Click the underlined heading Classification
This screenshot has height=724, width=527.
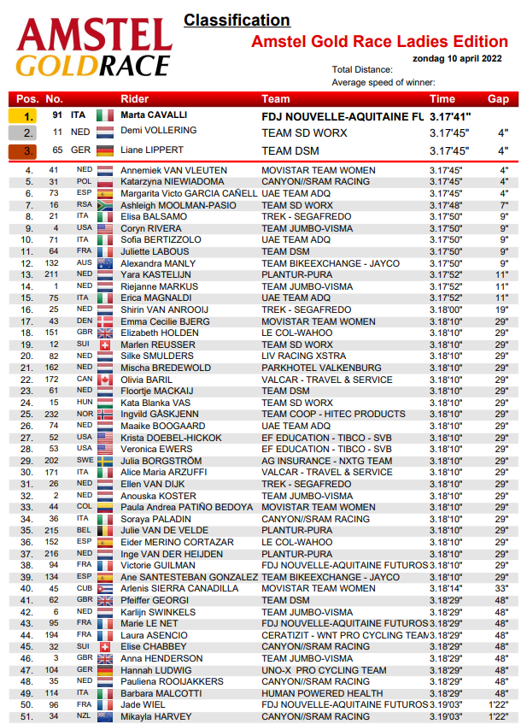(237, 20)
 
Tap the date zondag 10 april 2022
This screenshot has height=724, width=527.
(457, 59)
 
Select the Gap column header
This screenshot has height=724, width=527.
(498, 99)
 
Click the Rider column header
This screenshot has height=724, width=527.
(135, 99)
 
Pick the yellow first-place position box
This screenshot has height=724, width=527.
(28, 115)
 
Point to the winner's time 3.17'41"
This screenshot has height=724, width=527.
(451, 115)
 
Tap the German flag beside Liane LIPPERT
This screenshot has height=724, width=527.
(105, 151)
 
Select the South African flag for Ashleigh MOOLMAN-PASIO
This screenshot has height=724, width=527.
(105, 205)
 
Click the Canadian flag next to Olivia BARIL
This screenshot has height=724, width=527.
(105, 380)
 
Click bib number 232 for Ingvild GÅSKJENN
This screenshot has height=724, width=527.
(53, 414)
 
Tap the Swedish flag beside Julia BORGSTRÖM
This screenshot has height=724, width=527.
(105, 461)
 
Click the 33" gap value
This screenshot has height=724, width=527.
(502, 588)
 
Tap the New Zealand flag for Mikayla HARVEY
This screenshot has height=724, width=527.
(105, 716)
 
